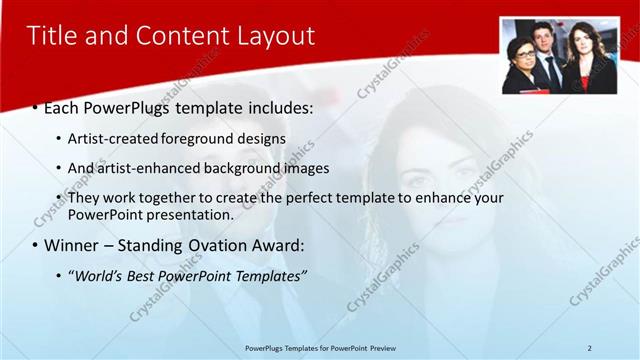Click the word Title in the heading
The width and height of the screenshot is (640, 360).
pyautogui.click(x=52, y=37)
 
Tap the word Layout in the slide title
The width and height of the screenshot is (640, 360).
pyautogui.click(x=275, y=37)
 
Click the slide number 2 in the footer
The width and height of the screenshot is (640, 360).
pyautogui.click(x=589, y=347)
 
